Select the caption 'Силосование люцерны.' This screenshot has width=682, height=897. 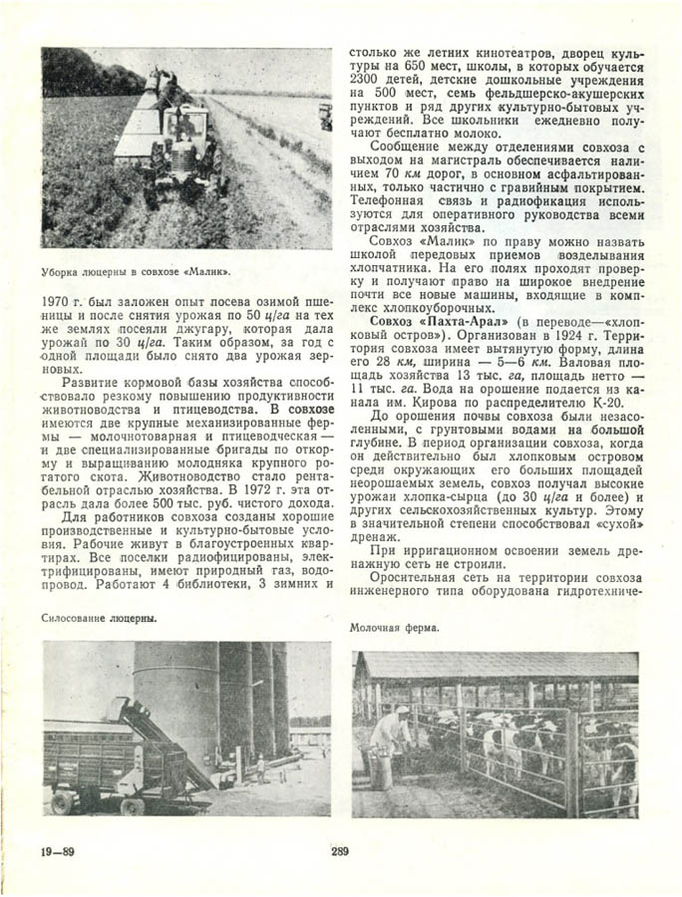99,618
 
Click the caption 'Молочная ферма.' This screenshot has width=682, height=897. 395,629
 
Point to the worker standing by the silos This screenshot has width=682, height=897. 260,766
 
